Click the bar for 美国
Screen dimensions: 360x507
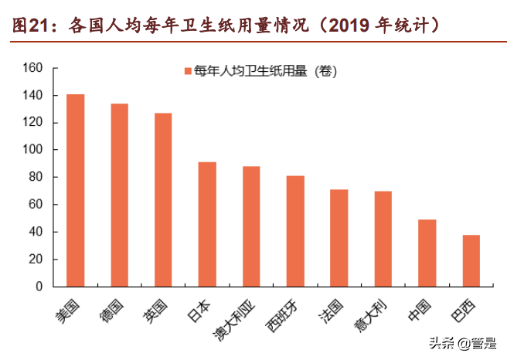[x=75, y=190]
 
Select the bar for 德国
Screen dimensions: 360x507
[x=119, y=195]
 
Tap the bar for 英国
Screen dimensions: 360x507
[x=163, y=199]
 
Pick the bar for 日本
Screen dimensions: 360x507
[x=207, y=224]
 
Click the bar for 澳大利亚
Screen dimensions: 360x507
[x=251, y=226]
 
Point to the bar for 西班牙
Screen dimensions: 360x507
[x=295, y=231]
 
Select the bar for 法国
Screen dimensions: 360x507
[x=339, y=238]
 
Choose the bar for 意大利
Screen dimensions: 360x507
[x=383, y=239]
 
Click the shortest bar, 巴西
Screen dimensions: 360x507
[x=471, y=260]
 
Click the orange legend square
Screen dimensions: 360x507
[x=188, y=72]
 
